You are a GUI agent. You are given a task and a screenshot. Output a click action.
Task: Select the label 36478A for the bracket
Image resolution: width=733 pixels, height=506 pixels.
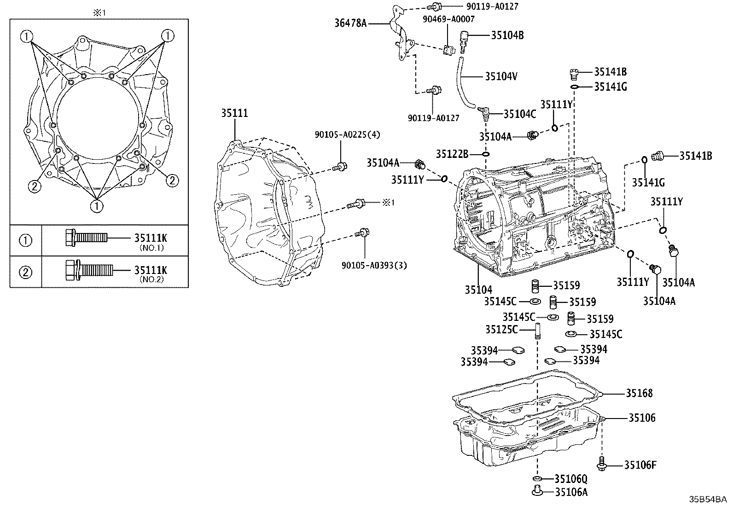(351, 23)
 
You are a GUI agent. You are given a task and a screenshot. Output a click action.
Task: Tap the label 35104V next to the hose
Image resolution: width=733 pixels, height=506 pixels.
(501, 76)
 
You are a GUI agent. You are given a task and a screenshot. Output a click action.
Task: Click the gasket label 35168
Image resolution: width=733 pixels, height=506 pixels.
(639, 393)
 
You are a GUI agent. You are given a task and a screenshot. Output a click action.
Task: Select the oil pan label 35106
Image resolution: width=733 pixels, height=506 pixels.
(642, 418)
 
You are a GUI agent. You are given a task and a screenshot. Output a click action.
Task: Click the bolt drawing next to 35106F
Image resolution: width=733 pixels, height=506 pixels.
(602, 464)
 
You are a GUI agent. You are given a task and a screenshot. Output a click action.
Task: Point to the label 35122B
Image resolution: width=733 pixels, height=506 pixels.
(453, 154)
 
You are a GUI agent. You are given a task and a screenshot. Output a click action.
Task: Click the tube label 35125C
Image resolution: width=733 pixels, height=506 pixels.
(501, 330)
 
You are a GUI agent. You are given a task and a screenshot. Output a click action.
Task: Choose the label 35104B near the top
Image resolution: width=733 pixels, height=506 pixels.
(507, 35)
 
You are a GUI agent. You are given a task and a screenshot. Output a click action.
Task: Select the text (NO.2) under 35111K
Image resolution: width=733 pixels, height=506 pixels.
(152, 279)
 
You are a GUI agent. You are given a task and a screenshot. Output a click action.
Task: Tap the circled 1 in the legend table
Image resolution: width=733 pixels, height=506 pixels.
(26, 240)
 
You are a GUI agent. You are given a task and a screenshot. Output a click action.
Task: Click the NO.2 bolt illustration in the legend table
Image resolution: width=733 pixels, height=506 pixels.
(87, 271)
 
